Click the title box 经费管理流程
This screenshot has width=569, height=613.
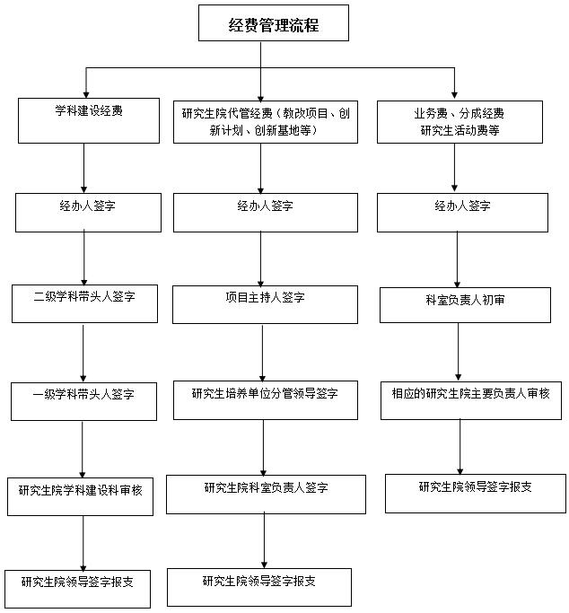[274, 22]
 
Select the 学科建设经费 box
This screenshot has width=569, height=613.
[89, 120]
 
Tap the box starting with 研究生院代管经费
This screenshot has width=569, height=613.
[266, 122]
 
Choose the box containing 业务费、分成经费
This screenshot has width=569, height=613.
[460, 122]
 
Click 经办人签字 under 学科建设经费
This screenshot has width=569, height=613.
[88, 213]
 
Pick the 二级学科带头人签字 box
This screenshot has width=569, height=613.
[84, 303]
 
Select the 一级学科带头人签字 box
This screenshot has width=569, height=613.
[84, 401]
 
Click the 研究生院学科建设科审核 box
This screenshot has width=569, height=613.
[80, 496]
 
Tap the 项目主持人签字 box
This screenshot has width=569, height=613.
[265, 304]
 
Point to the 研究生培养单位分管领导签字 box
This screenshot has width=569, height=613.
[266, 400]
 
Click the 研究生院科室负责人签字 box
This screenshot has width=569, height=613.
[267, 495]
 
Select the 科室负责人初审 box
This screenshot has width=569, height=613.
[465, 305]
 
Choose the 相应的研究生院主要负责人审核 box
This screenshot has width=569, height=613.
[471, 400]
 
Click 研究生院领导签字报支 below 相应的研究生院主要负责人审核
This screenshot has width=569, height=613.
[476, 494]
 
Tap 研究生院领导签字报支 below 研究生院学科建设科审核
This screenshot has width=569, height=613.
[77, 589]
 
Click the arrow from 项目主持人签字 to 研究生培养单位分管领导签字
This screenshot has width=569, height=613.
[263, 353]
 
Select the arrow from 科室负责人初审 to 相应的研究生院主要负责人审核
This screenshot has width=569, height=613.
[459, 352]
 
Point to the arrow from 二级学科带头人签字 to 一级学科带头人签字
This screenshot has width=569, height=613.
[83, 353]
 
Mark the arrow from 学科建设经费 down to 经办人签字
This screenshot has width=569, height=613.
[83, 168]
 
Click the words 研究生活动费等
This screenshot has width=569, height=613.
[460, 130]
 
